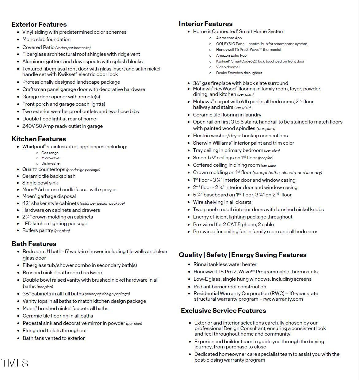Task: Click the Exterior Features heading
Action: point(39,25)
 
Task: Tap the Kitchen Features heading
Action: point(39,139)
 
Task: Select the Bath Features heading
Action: point(34,244)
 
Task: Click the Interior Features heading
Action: point(205,24)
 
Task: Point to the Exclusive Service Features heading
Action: point(223,311)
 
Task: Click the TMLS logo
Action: point(15,363)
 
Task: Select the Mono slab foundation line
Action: point(46,40)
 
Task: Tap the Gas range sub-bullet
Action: point(50,153)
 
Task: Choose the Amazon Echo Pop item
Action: point(231,55)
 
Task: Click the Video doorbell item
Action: point(228,67)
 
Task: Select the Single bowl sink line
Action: point(40,183)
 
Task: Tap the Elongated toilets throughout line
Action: point(55,331)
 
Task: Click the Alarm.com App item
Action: point(229,38)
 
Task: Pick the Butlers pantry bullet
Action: point(46,230)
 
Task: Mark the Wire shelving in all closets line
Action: point(222,202)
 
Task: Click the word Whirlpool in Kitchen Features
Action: point(33,147)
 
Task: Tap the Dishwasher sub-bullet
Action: point(51,163)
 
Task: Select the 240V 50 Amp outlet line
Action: point(63,126)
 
